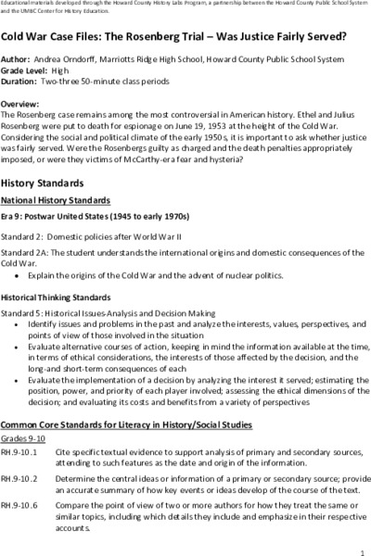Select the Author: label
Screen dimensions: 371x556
click(x=17, y=57)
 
